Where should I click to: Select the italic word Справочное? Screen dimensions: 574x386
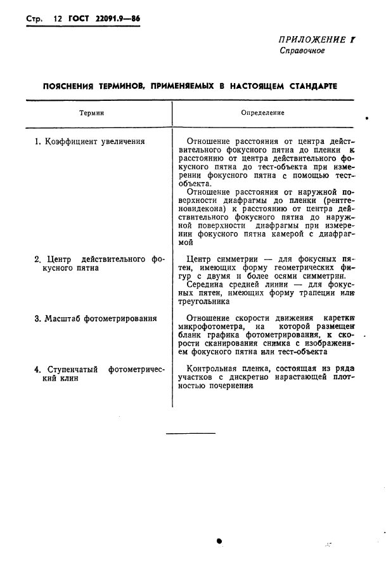pos(302,51)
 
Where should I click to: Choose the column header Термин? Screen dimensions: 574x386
pos(92,113)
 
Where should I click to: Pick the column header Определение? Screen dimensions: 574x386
pos(262,113)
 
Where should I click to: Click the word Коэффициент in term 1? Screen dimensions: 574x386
pos(66,142)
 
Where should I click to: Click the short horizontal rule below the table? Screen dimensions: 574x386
pos(190,434)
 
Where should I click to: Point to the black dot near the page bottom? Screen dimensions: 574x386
pos(219,541)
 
